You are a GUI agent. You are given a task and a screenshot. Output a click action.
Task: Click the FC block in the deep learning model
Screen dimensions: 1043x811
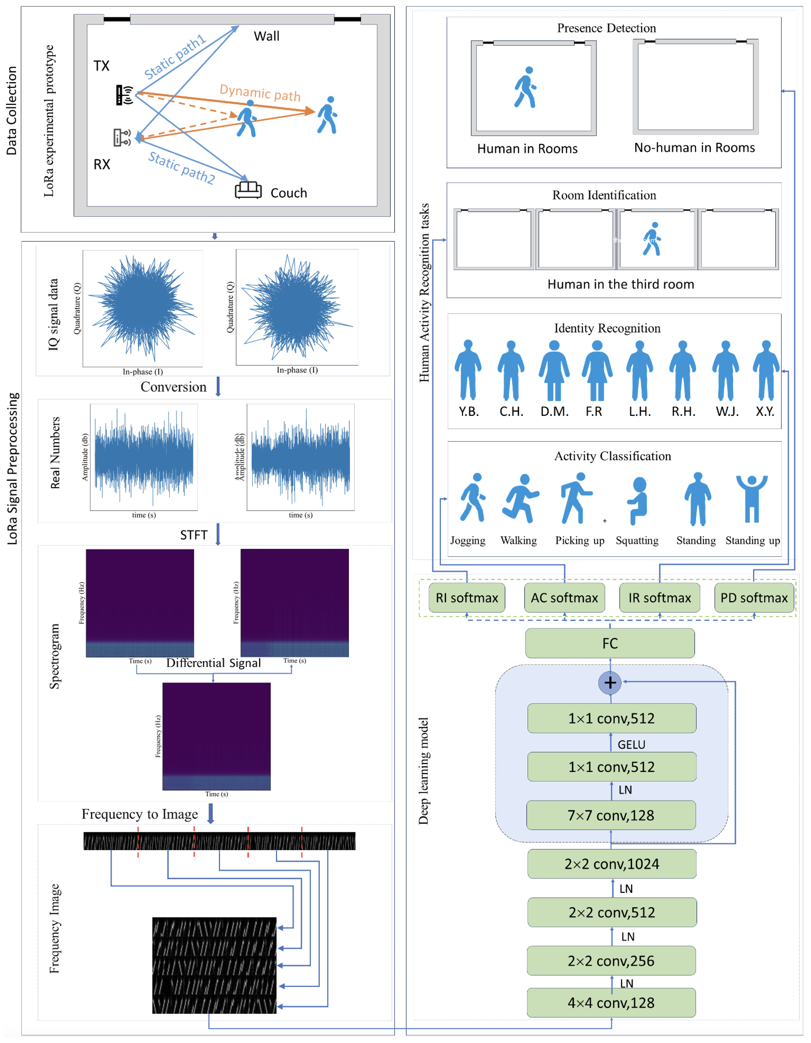(x=610, y=643)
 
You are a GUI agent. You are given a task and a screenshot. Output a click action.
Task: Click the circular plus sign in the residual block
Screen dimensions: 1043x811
(x=610, y=682)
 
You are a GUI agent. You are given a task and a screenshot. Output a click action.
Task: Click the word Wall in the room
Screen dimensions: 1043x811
(x=266, y=36)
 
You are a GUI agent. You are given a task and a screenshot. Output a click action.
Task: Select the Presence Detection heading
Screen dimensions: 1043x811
(x=606, y=28)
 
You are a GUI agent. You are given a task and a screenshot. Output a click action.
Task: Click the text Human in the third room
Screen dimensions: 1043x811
(x=620, y=284)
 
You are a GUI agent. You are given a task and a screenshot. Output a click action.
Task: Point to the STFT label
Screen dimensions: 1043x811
(x=193, y=535)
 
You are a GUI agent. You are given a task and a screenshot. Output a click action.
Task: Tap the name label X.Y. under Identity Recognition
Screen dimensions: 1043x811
(x=765, y=411)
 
